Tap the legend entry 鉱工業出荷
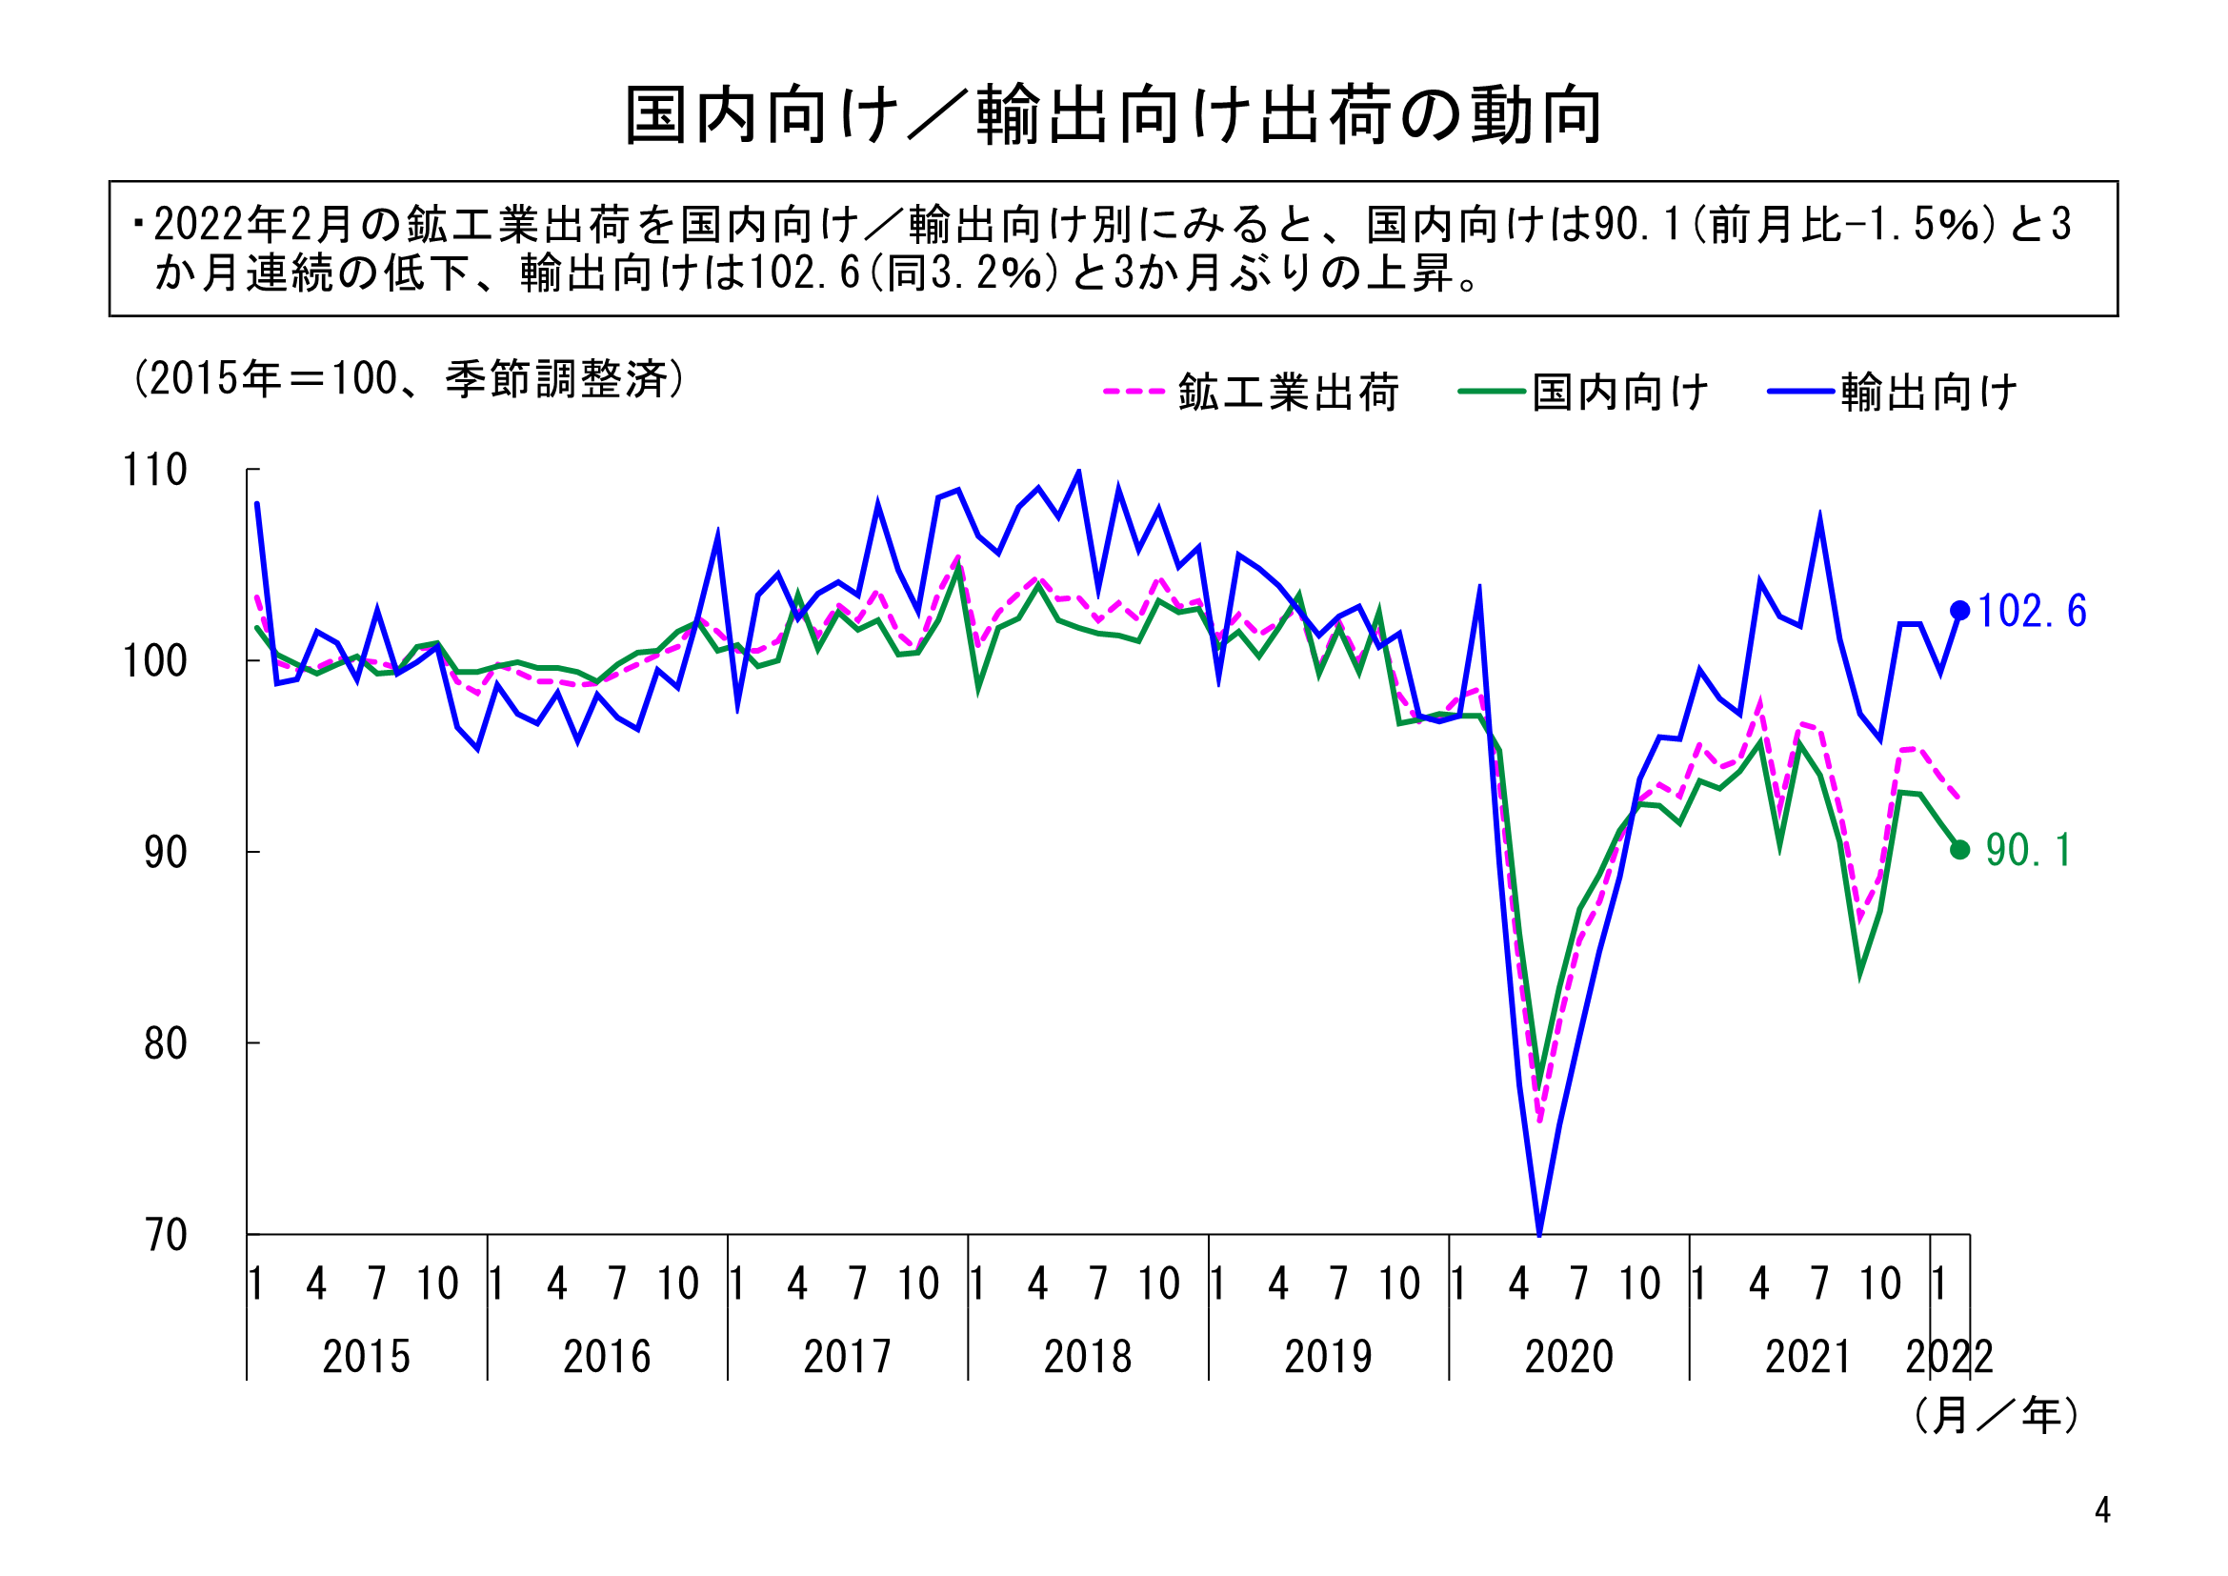pyautogui.click(x=1288, y=393)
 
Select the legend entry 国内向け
pyautogui.click(x=1619, y=393)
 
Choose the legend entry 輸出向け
pyautogui.click(x=1928, y=393)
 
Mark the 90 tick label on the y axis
pyautogui.click(x=165, y=853)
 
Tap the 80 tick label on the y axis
pyautogui.click(x=165, y=1044)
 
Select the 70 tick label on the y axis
pyautogui.click(x=165, y=1236)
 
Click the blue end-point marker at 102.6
pyautogui.click(x=1959, y=611)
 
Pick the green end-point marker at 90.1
pyautogui.click(x=1959, y=850)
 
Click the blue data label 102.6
pyautogui.click(x=2031, y=612)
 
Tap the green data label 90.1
pyautogui.click(x=2028, y=851)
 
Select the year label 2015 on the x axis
pyautogui.click(x=366, y=1357)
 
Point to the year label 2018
pyautogui.click(x=1088, y=1357)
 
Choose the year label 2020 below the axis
pyautogui.click(x=1568, y=1357)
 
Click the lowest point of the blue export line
pyautogui.click(x=1539, y=1233)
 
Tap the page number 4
pyautogui.click(x=2102, y=1510)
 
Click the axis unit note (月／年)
pyautogui.click(x=1997, y=1416)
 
